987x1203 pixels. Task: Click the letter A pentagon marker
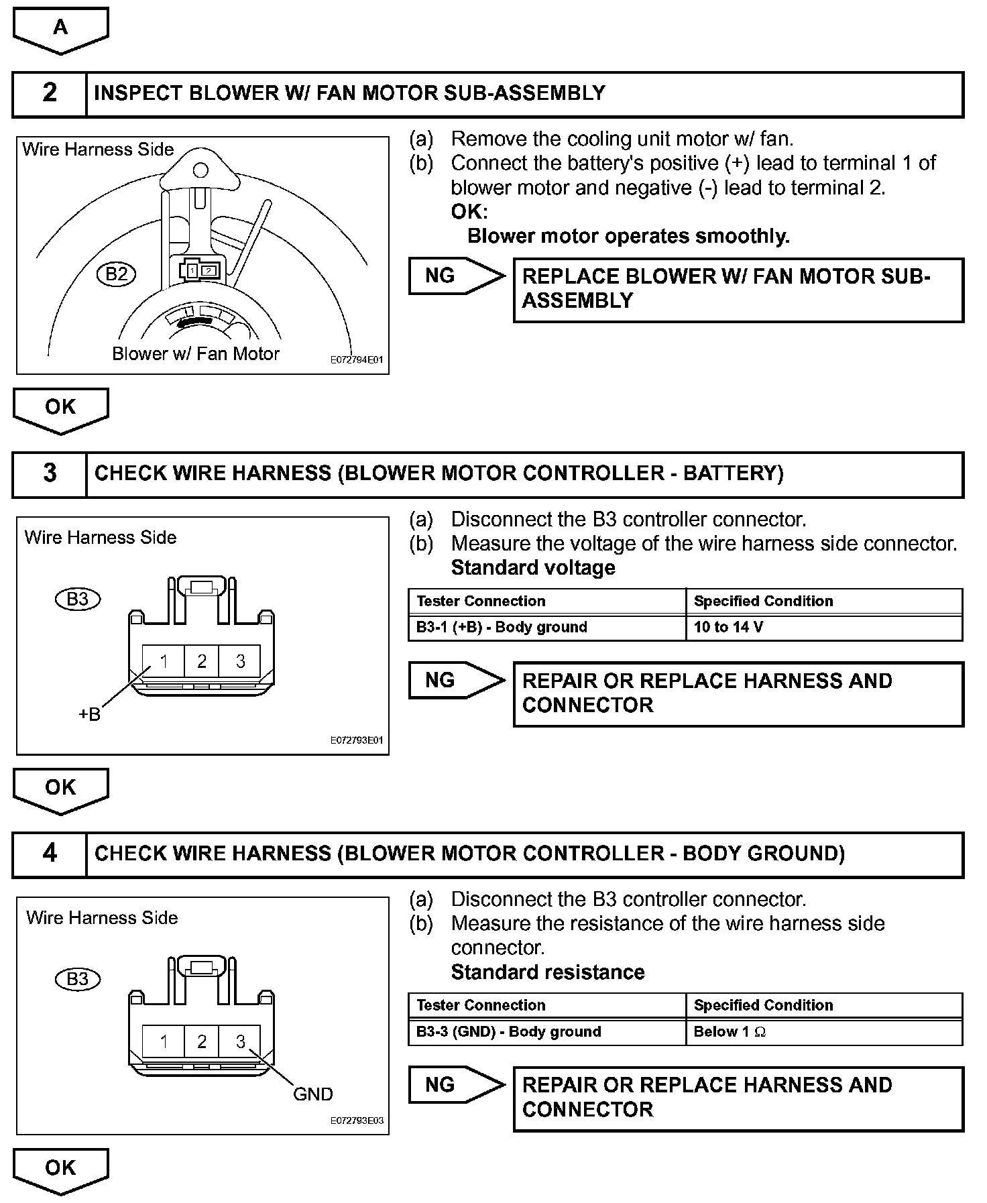(x=60, y=29)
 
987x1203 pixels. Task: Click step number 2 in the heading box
(x=50, y=93)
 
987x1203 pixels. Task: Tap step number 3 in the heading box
(x=50, y=473)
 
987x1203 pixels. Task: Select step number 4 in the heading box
(x=50, y=854)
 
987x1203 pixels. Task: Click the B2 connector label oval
(x=116, y=274)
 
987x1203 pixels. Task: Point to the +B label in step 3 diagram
(x=89, y=715)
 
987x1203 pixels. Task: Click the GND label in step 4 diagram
(x=313, y=1094)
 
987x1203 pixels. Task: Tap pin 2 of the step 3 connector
(x=202, y=662)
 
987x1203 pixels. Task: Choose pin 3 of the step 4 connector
(x=241, y=1042)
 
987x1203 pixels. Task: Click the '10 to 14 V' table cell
(x=823, y=628)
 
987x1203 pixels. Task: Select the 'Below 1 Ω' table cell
(x=823, y=1032)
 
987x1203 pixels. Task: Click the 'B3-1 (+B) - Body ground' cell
(x=546, y=628)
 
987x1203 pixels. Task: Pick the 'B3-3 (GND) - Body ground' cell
(x=546, y=1032)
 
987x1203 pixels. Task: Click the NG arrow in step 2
(x=456, y=276)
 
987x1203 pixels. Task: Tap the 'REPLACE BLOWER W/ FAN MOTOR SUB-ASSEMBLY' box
(x=738, y=290)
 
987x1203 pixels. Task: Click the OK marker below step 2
(x=60, y=408)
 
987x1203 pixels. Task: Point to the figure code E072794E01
(x=357, y=360)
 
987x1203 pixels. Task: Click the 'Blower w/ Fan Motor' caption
(x=195, y=354)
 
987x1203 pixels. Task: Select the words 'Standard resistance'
(x=548, y=972)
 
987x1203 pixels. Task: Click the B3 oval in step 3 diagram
(x=78, y=599)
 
